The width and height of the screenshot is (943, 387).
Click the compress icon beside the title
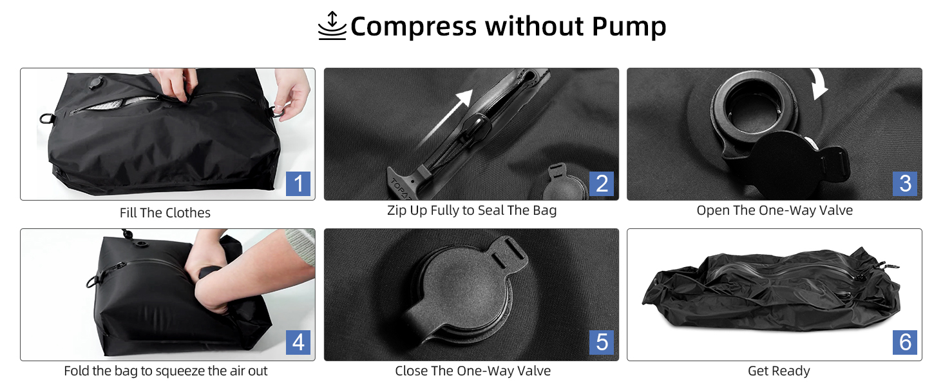click(x=332, y=26)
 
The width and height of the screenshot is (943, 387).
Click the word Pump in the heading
click(x=629, y=27)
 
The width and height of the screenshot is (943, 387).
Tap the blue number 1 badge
click(x=298, y=183)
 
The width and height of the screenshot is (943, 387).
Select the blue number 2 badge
click(x=602, y=183)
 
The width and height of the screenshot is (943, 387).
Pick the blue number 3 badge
click(x=905, y=183)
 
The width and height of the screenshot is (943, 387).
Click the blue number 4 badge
click(x=298, y=342)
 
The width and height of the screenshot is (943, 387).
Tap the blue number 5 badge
click(x=602, y=342)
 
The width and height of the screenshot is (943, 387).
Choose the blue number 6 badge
click(x=905, y=342)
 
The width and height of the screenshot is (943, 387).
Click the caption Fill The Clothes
click(x=165, y=212)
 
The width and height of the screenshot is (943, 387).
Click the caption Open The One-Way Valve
click(x=775, y=210)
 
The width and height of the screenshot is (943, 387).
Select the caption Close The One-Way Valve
click(x=473, y=371)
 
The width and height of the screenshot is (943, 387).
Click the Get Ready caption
click(x=779, y=371)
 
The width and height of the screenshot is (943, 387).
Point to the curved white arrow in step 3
click(x=819, y=83)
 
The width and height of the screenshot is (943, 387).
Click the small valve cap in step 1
click(x=95, y=82)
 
